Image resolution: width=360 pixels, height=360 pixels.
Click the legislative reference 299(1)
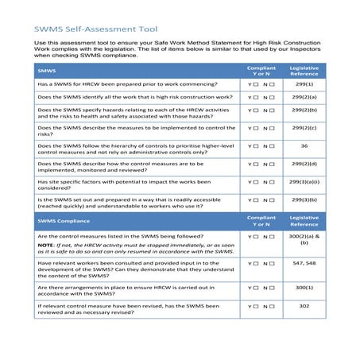(x=304, y=83)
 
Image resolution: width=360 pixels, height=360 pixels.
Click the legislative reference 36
(x=304, y=145)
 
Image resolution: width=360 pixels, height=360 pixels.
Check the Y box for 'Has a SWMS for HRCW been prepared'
(x=256, y=83)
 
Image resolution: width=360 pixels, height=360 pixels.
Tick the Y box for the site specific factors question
(x=256, y=182)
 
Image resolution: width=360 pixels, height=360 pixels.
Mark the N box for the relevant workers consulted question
(x=273, y=262)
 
